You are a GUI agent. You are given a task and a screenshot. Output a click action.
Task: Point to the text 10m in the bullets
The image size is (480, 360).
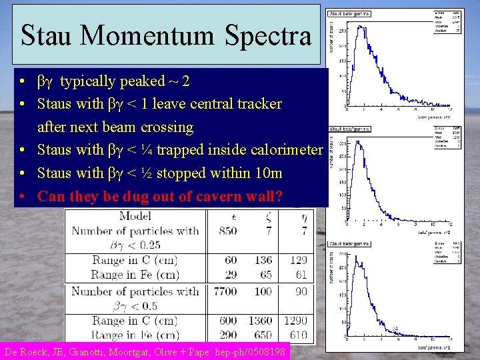pos(268,173)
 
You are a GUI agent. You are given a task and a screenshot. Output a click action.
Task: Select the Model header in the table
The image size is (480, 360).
pos(135,216)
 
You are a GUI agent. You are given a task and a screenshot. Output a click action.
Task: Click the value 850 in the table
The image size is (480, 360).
pos(227,231)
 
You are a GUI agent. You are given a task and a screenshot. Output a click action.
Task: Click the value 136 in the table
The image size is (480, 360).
pos(263,261)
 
